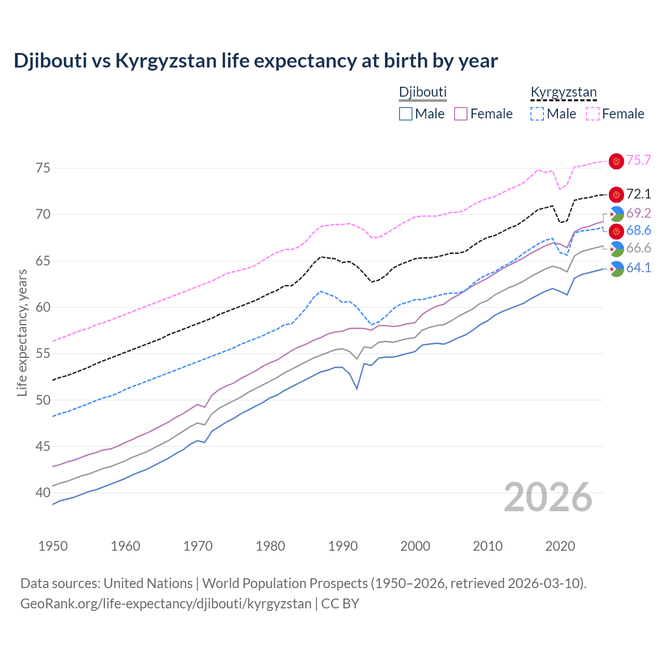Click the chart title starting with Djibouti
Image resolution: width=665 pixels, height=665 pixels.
coord(256,61)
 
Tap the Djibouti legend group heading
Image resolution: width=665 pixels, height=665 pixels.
coord(422,92)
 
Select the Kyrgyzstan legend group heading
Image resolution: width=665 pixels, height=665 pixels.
coord(563,92)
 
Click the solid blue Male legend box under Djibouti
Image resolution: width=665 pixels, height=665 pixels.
coord(406,114)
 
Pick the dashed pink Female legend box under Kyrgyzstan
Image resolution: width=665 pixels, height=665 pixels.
coord(593,114)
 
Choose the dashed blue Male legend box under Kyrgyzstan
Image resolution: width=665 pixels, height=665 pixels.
coord(537,114)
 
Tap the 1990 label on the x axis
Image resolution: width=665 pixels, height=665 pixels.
coord(343,546)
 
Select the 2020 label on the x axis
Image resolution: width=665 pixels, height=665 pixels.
coord(560,546)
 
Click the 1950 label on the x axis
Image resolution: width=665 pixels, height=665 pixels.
coord(53,546)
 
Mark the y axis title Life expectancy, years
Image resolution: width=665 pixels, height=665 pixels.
coord(22,332)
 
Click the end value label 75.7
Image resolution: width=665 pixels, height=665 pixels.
coord(639,160)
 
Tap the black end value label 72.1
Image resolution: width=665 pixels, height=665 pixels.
coord(639,194)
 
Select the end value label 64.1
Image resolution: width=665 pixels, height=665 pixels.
coord(639,268)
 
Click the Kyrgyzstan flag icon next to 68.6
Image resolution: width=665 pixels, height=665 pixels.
coord(616,231)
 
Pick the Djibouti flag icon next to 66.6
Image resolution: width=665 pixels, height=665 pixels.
coord(616,249)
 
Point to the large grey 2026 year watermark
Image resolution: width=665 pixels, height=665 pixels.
coord(548,497)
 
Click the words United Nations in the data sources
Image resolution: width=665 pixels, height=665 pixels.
coord(148,583)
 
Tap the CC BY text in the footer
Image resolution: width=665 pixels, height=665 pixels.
coord(340,604)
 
